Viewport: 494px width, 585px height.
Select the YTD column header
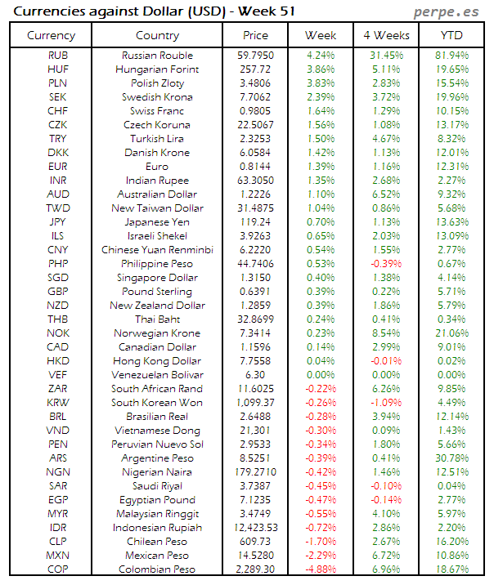click(x=451, y=35)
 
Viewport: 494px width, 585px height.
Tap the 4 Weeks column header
click(x=385, y=35)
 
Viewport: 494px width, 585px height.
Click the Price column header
click(x=255, y=35)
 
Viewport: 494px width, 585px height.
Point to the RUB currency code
click(x=58, y=56)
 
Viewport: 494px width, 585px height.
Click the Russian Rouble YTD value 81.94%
click(x=452, y=56)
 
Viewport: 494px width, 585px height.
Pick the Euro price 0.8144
click(x=256, y=167)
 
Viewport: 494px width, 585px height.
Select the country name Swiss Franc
click(x=157, y=111)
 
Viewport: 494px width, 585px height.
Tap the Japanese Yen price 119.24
click(x=256, y=222)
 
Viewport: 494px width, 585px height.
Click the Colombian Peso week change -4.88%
click(x=320, y=569)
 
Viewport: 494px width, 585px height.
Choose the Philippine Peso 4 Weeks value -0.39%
click(x=386, y=264)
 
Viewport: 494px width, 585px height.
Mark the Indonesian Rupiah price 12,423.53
click(x=256, y=528)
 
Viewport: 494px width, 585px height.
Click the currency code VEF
click(x=58, y=375)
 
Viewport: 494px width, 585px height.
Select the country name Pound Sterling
click(x=157, y=292)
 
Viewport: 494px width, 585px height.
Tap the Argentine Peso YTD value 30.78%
click(x=452, y=458)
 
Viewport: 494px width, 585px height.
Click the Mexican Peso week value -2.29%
click(x=320, y=556)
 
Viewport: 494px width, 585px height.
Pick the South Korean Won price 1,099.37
click(x=256, y=403)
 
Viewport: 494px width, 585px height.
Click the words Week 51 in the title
click(x=268, y=11)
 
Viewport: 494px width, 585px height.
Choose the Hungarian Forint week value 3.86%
click(x=320, y=69)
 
